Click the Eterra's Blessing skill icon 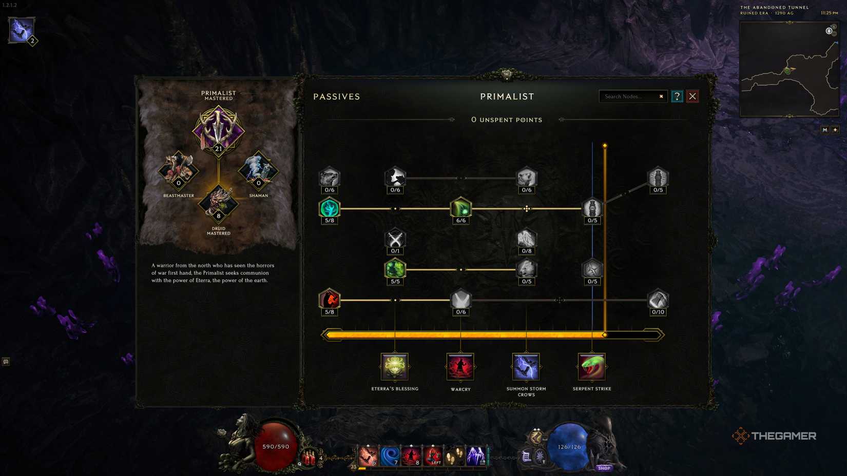(x=394, y=366)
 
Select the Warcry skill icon (x=460, y=366)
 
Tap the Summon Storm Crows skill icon (x=526, y=366)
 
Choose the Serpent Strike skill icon (x=591, y=366)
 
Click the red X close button (x=692, y=96)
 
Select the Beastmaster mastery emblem (x=179, y=170)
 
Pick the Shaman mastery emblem (x=258, y=170)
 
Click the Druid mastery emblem (x=219, y=203)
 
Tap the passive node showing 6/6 (x=460, y=208)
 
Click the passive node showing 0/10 (x=658, y=300)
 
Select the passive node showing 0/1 (x=395, y=239)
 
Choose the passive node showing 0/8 (x=526, y=239)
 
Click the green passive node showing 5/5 (x=395, y=269)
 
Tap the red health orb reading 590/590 (x=276, y=446)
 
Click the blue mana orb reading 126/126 (x=569, y=446)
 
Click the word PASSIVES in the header (x=337, y=96)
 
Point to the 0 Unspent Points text (x=507, y=120)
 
